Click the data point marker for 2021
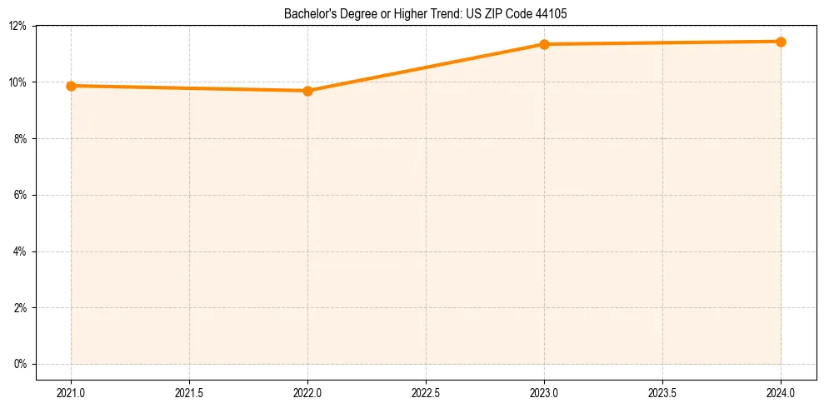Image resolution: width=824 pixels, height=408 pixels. click(x=72, y=86)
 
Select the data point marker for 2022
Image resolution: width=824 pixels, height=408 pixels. click(x=307, y=91)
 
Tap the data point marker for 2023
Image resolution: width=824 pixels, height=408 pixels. click(x=544, y=44)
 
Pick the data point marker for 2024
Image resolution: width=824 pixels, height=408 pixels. click(x=781, y=42)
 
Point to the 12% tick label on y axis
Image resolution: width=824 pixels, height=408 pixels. click(x=18, y=26)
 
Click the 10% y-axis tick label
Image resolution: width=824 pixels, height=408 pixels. click(x=18, y=82)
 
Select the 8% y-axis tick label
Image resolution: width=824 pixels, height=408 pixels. click(x=21, y=139)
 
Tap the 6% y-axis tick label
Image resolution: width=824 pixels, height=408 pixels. click(x=21, y=195)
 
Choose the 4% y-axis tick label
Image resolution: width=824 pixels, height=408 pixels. click(x=21, y=251)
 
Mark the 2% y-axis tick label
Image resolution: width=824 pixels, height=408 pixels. click(x=21, y=308)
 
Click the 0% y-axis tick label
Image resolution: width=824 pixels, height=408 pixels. click(x=21, y=364)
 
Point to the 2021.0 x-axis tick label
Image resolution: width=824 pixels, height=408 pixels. click(x=72, y=391)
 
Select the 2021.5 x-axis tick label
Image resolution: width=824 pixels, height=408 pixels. click(x=190, y=391)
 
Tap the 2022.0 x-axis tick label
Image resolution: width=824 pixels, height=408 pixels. click(x=307, y=391)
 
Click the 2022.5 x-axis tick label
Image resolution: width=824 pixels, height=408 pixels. click(x=426, y=391)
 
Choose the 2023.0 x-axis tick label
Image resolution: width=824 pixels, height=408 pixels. click(x=544, y=391)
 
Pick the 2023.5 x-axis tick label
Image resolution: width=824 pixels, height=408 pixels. click(x=662, y=391)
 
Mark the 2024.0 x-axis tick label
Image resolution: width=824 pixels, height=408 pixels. click(x=781, y=391)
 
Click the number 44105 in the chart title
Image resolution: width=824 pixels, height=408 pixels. click(x=552, y=14)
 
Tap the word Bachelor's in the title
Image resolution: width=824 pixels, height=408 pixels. click(x=307, y=14)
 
